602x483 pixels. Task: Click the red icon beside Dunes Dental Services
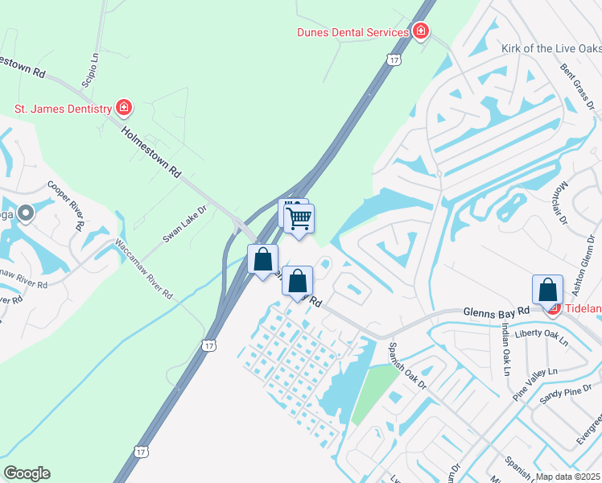pos(420,32)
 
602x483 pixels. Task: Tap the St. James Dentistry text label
pos(62,107)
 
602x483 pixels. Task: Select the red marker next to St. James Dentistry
pos(124,107)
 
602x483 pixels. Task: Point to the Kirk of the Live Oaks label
pos(550,48)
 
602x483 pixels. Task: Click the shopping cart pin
pos(299,218)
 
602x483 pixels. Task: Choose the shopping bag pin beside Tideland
pos(547,290)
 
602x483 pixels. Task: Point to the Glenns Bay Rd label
pos(496,311)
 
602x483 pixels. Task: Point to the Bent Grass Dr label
pos(577,80)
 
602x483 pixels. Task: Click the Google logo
pos(27,473)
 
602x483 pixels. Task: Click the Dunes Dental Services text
pos(353,32)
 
